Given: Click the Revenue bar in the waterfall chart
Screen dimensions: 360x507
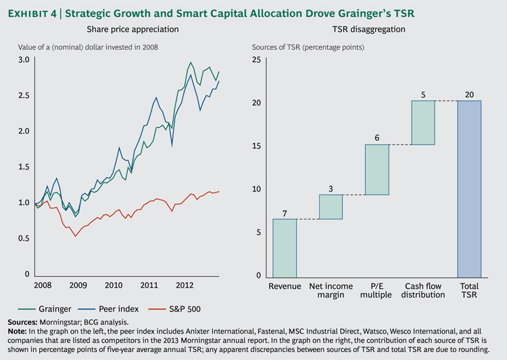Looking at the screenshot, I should tap(285, 247).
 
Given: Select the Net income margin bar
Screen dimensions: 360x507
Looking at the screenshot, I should tap(331, 207).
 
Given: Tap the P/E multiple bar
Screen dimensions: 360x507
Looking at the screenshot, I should tap(377, 170).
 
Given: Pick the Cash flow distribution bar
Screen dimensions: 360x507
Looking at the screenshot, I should tap(423, 122).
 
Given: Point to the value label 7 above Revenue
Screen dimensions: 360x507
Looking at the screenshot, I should tap(285, 213).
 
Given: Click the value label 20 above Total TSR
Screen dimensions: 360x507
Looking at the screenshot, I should tap(469, 95).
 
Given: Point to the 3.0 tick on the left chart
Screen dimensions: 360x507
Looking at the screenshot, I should tap(24, 61).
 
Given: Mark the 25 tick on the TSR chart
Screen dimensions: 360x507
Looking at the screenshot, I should tap(257, 61).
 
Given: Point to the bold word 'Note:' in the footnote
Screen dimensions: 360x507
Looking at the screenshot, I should tap(18, 332).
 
